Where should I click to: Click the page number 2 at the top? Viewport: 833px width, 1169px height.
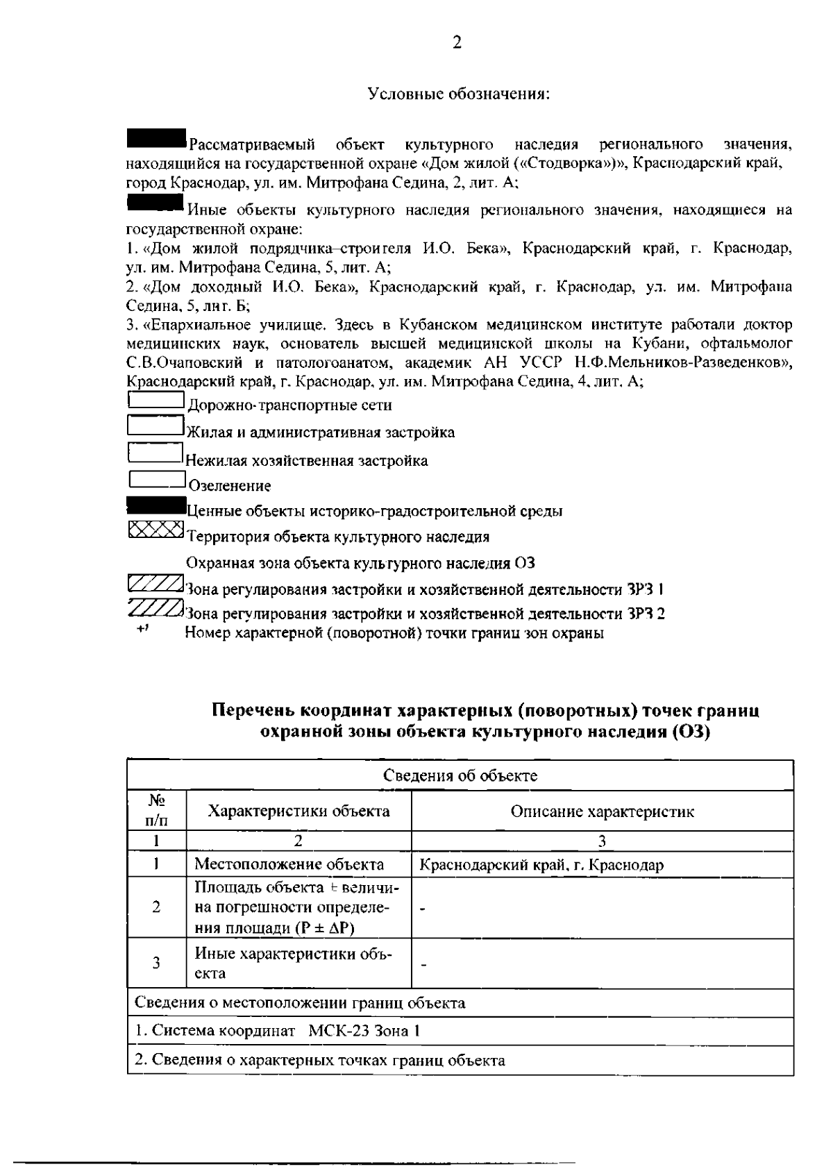tap(457, 43)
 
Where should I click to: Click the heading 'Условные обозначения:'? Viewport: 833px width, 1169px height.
tap(458, 94)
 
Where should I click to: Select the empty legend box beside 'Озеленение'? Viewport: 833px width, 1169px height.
tap(156, 479)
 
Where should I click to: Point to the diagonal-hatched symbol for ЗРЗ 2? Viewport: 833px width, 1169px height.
tap(155, 608)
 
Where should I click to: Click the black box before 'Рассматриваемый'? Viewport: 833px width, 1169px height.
tap(156, 137)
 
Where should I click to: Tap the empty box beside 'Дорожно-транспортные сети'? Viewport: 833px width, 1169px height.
tap(155, 400)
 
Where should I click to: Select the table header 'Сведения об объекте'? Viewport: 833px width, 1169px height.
tap(460, 775)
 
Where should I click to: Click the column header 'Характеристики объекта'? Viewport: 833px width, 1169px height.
tap(299, 811)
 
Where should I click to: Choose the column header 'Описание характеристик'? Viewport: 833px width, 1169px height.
tap(602, 811)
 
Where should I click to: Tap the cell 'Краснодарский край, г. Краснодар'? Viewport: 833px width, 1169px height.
tap(541, 865)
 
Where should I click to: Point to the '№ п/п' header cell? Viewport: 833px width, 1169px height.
tap(156, 811)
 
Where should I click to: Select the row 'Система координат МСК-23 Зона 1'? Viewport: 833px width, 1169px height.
tap(278, 1031)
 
